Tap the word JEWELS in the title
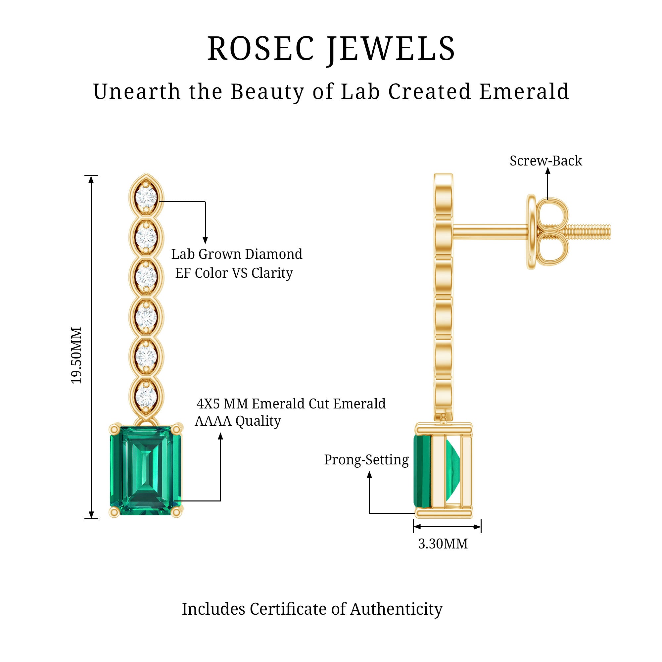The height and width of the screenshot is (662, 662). [x=391, y=49]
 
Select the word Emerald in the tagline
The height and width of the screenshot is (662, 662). [x=524, y=92]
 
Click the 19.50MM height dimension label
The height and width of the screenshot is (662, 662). [x=76, y=355]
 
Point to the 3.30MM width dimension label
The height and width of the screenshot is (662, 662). [x=443, y=544]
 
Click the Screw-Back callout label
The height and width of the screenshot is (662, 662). [x=545, y=161]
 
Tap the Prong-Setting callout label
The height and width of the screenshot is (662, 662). [x=366, y=460]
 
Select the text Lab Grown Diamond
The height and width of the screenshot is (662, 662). [x=237, y=254]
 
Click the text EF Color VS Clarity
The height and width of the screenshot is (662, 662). [x=234, y=273]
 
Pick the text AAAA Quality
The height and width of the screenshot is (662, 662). [x=238, y=421]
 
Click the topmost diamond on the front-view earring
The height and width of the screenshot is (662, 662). [x=146, y=197]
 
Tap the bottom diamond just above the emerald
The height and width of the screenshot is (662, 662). [x=146, y=397]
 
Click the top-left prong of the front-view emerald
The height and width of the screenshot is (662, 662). [x=115, y=429]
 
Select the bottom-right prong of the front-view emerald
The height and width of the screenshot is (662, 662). [x=176, y=512]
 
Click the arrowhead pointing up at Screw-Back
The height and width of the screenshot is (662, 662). [x=547, y=171]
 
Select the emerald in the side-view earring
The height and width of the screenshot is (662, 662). [x=422, y=471]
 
